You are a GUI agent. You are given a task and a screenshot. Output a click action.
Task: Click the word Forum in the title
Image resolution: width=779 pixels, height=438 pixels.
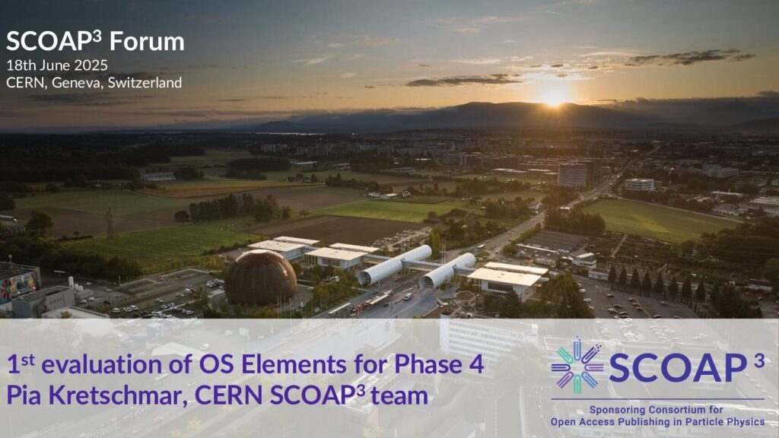(x=147, y=41)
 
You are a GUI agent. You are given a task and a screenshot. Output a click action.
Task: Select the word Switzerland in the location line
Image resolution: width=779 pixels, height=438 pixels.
(x=145, y=82)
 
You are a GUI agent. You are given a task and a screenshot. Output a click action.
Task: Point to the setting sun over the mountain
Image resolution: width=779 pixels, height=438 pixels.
(x=554, y=97)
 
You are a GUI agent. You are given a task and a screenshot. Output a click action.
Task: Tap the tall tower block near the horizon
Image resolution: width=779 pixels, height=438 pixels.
(x=572, y=175)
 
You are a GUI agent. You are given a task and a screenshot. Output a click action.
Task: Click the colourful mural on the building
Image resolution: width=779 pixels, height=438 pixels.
(x=21, y=286)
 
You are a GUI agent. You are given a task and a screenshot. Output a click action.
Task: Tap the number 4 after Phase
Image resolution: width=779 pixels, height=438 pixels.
(x=476, y=364)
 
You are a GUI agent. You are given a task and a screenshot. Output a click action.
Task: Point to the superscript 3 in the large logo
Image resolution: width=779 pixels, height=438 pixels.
(x=758, y=361)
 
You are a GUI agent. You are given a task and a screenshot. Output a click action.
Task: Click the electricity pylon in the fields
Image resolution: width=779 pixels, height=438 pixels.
(x=110, y=224)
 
